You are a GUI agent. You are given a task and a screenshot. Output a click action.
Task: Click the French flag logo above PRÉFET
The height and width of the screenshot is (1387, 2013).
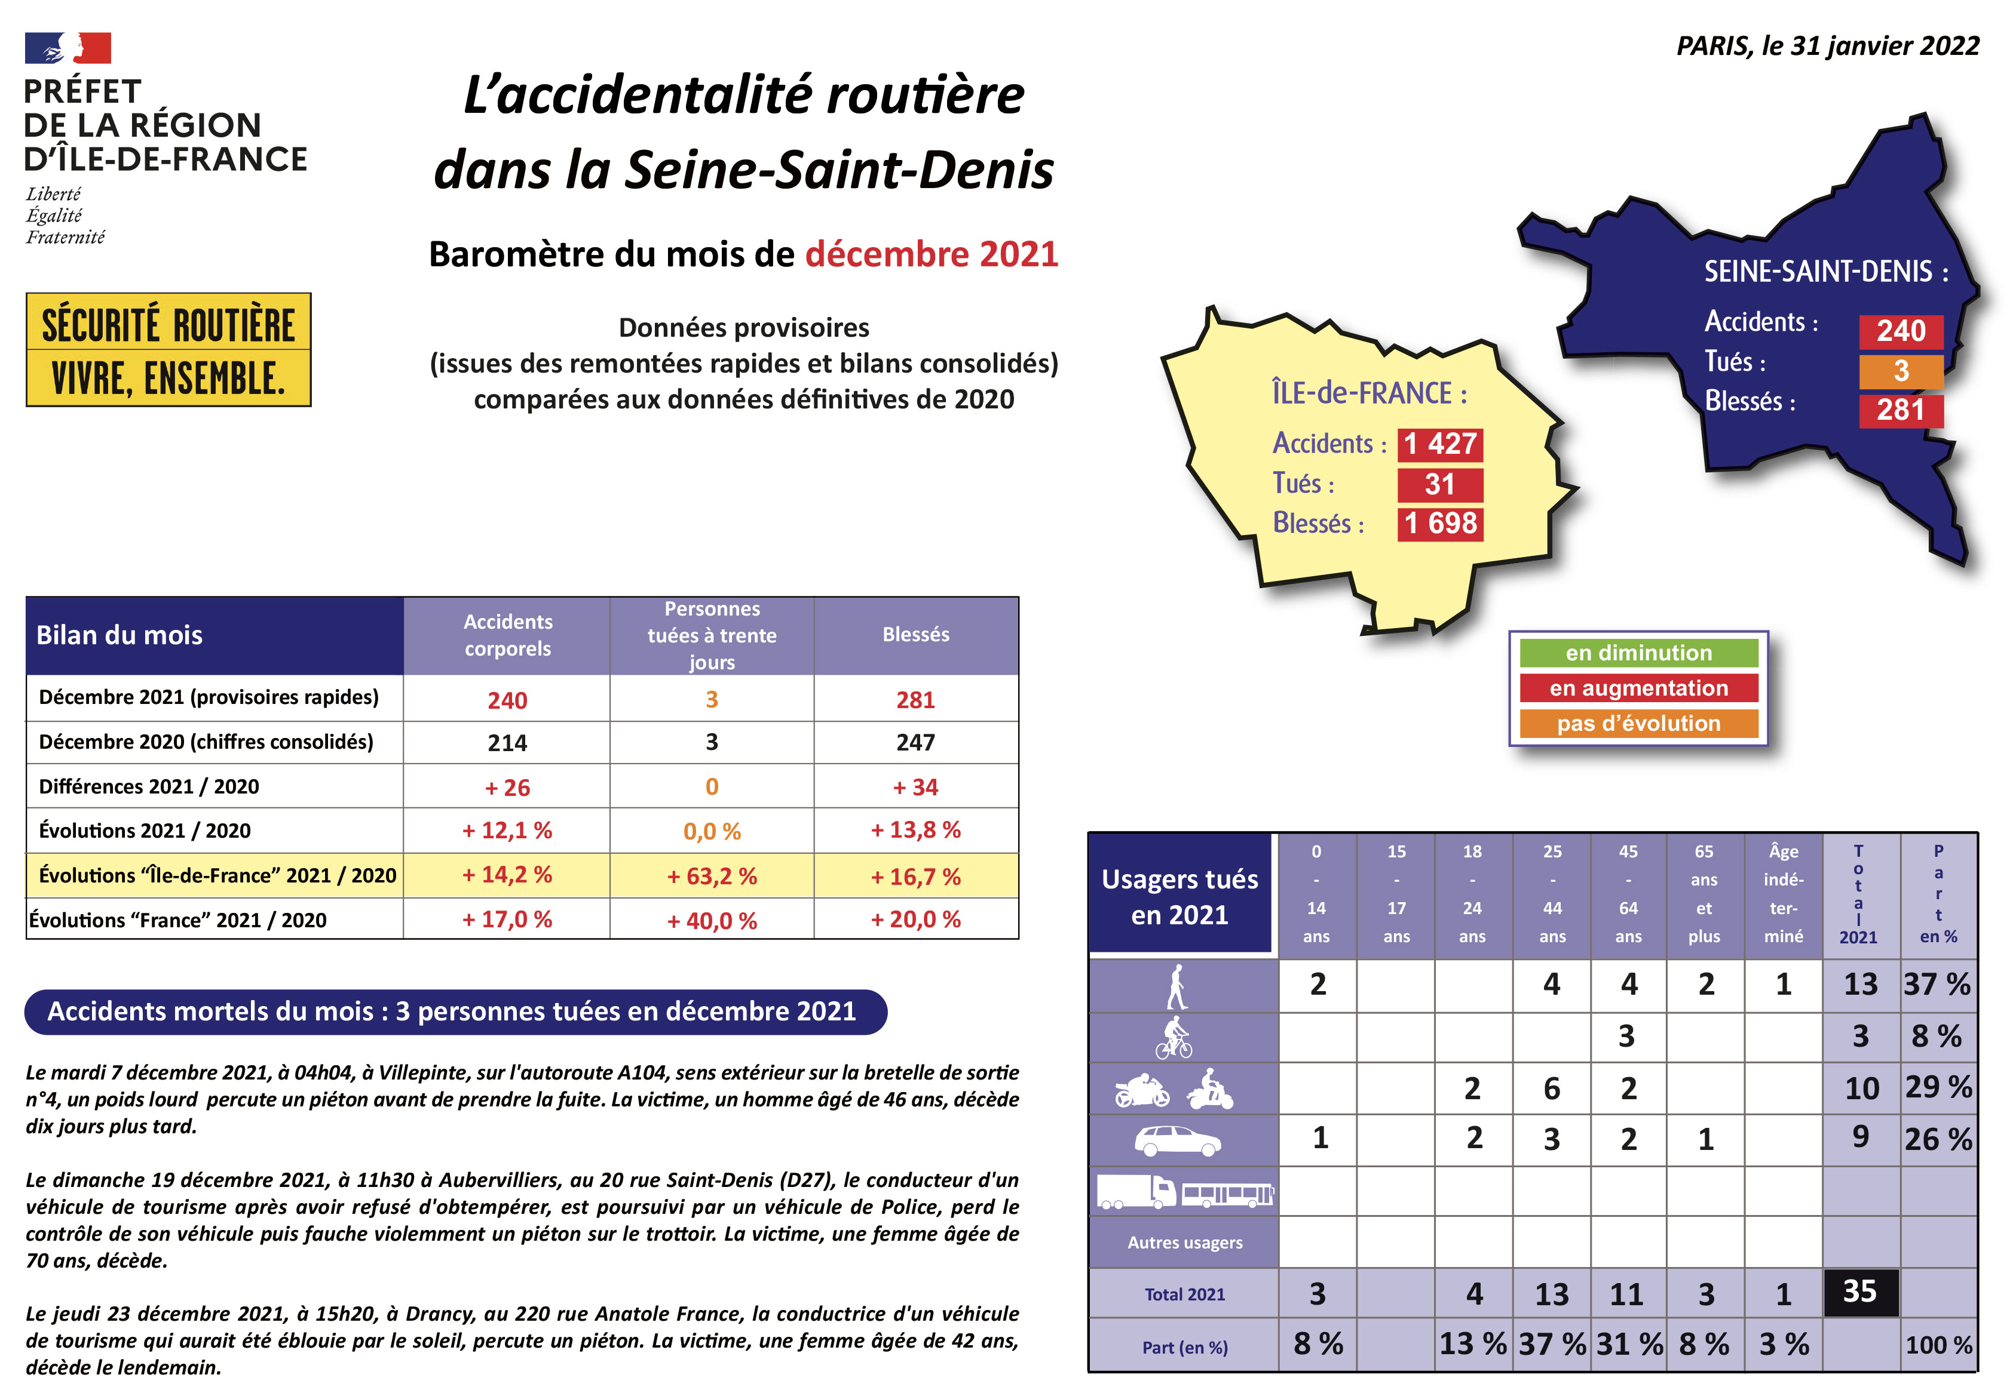tap(68, 49)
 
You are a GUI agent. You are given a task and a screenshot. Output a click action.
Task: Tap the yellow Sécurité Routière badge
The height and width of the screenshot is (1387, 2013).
tap(168, 349)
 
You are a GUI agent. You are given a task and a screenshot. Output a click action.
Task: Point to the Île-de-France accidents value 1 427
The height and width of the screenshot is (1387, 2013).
tap(1439, 444)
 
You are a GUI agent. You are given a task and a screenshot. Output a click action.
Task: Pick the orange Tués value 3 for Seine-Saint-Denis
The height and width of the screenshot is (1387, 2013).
tap(1901, 371)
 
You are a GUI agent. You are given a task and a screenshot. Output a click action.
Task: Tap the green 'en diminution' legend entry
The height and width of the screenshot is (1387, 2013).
tap(1638, 653)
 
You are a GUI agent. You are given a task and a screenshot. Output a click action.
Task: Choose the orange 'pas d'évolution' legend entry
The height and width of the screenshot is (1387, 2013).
tap(1638, 723)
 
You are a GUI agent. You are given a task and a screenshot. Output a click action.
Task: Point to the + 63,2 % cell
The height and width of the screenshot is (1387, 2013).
tap(711, 876)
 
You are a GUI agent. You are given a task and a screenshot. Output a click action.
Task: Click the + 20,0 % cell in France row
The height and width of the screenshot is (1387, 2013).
tap(915, 919)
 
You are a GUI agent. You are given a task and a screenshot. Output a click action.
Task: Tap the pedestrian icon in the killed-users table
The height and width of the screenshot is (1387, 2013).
tap(1176, 986)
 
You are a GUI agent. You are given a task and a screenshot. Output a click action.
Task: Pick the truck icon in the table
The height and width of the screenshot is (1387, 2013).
tap(1136, 1192)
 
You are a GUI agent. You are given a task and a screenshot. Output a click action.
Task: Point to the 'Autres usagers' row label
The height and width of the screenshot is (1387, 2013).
tap(1184, 1243)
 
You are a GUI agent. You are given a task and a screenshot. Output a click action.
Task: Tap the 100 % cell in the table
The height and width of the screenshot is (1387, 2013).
tap(1938, 1345)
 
